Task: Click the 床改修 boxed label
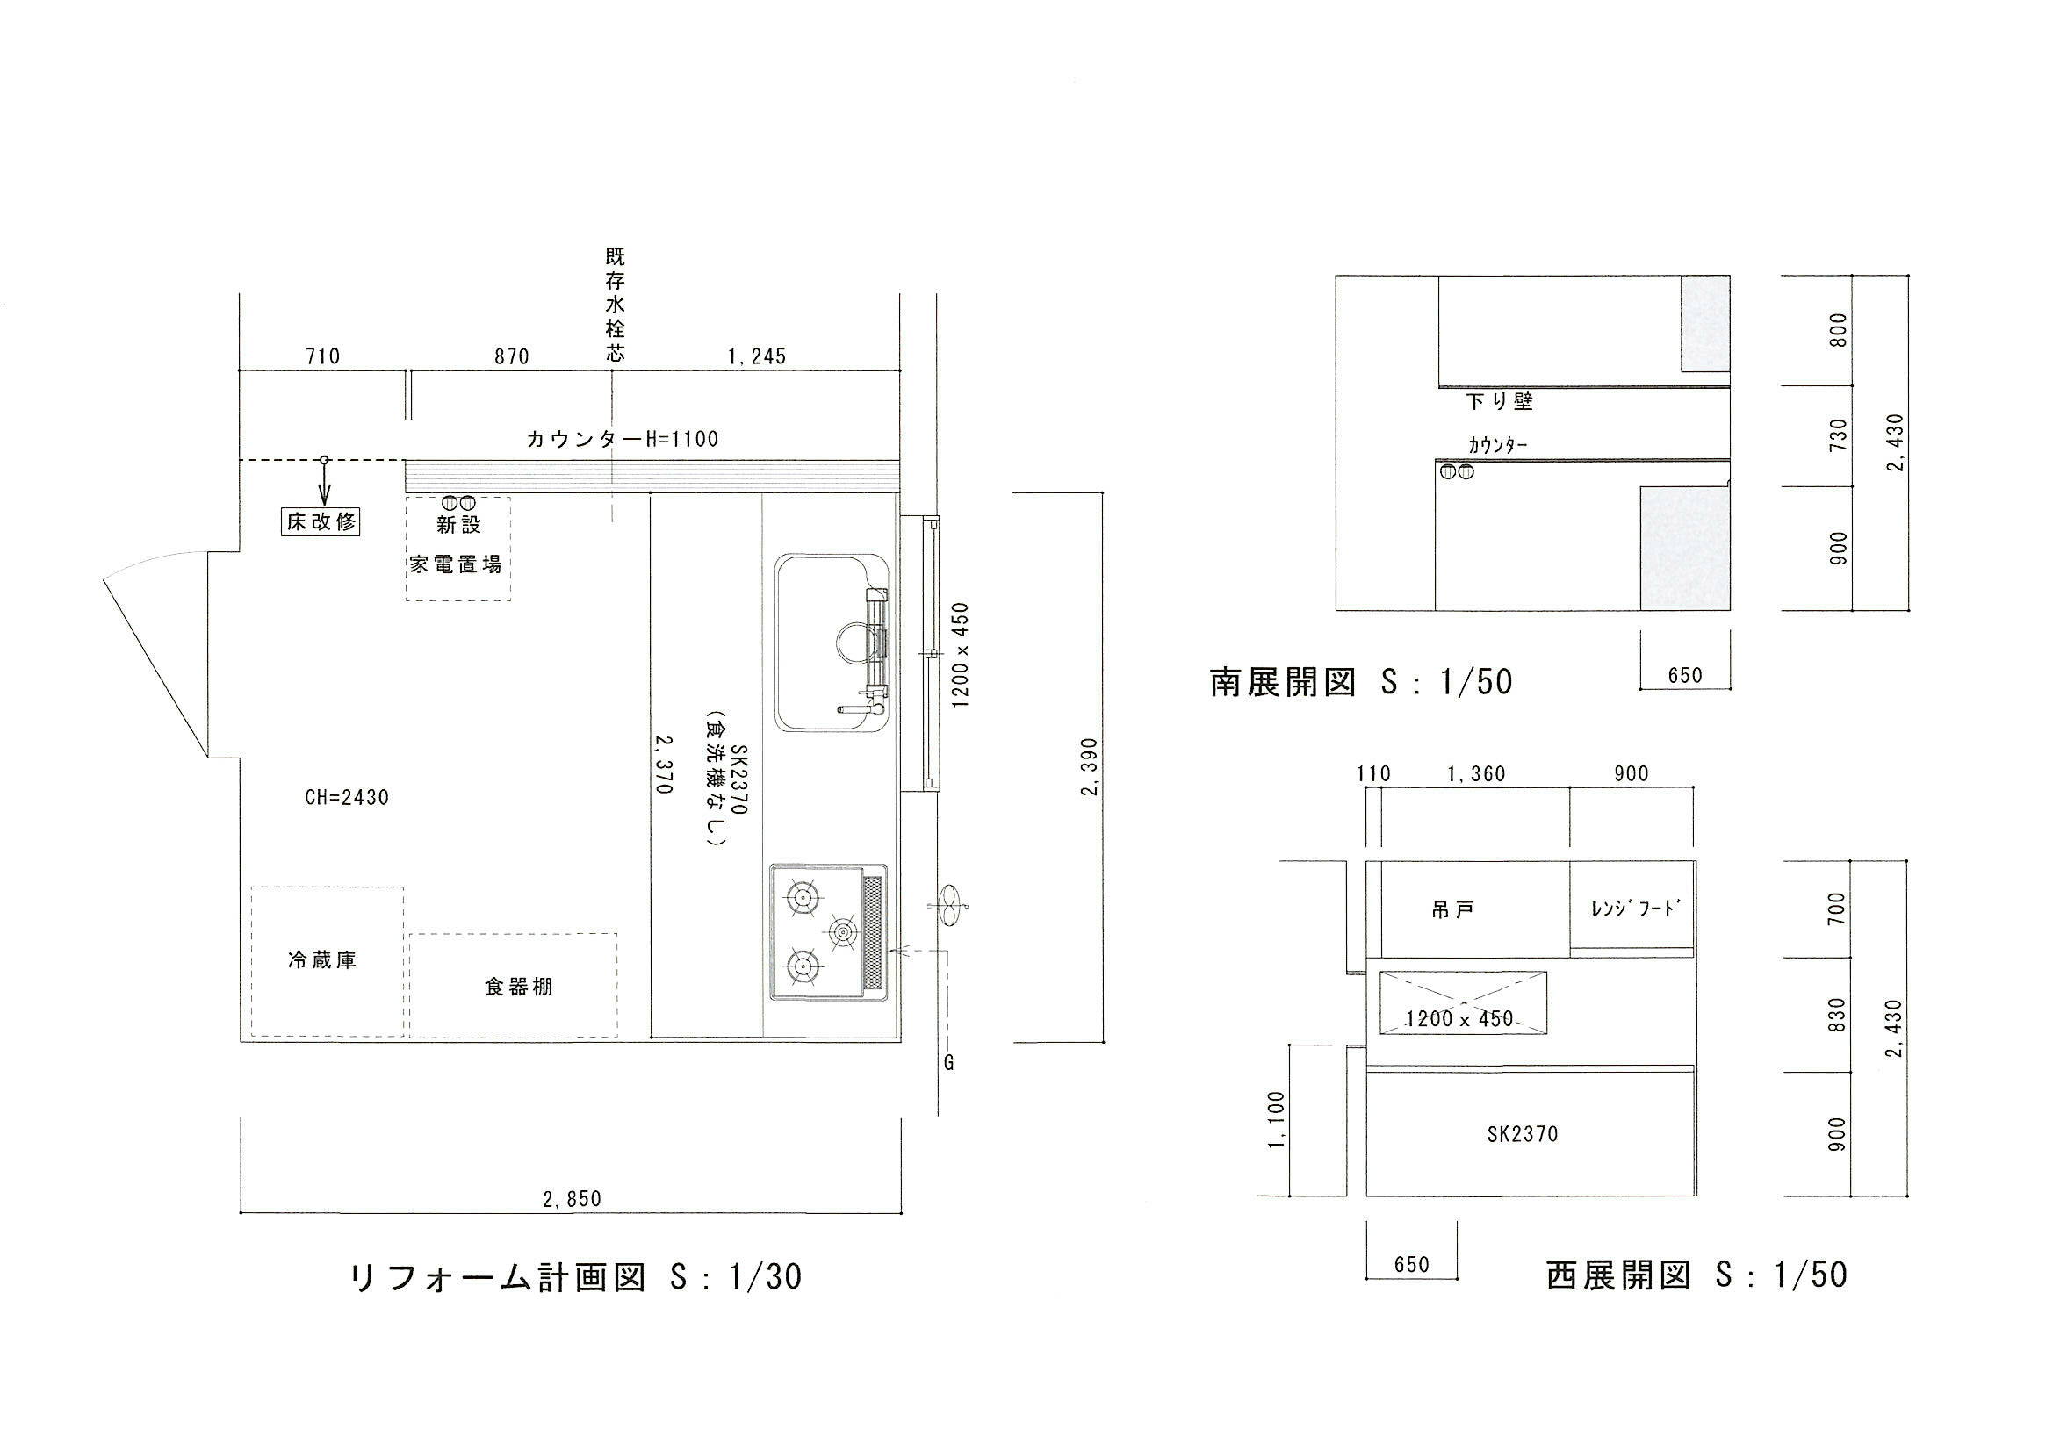[x=321, y=521]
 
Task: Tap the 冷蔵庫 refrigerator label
[x=323, y=960]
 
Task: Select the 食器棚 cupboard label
[x=519, y=987]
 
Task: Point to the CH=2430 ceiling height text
[x=347, y=797]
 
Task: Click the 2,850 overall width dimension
[x=573, y=1200]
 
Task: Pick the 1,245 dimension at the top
[x=756, y=356]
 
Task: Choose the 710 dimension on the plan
[x=323, y=356]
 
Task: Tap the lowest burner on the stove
[x=802, y=965]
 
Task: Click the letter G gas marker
[x=948, y=1063]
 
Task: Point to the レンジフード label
[x=1632, y=909]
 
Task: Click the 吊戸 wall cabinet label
[x=1453, y=911]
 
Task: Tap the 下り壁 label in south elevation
[x=1501, y=401]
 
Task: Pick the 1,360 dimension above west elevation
[x=1476, y=774]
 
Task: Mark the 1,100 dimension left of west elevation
[x=1277, y=1121]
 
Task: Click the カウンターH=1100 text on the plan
[x=623, y=439]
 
